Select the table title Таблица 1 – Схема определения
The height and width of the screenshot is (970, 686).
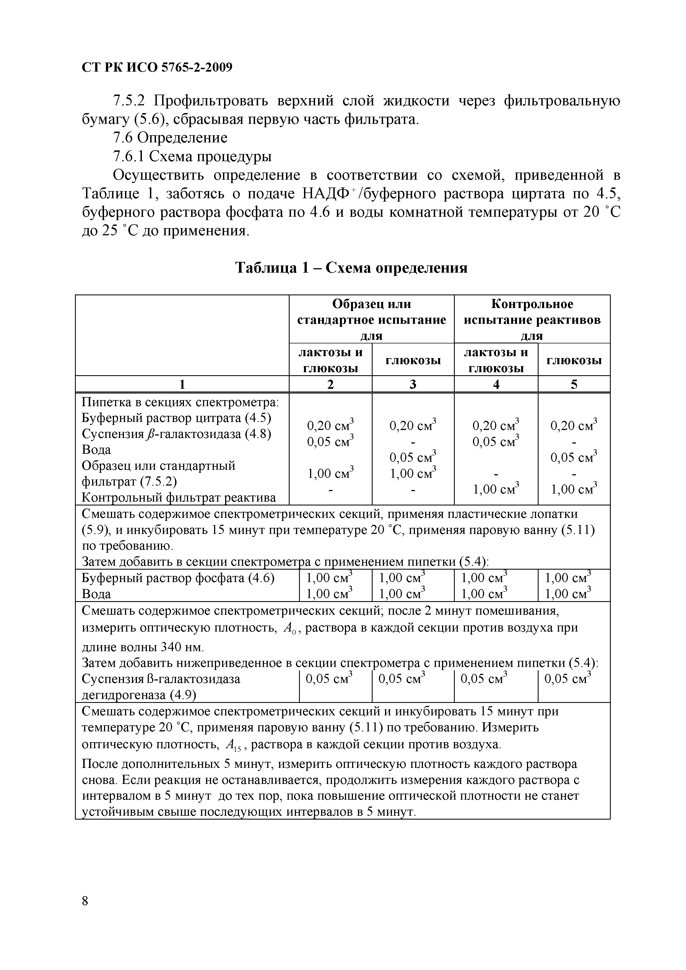(351, 267)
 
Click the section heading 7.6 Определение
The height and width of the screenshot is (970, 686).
(170, 138)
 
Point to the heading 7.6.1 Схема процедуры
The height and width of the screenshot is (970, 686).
(192, 156)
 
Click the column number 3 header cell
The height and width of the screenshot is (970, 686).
(413, 384)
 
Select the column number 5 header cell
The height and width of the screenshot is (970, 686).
(574, 384)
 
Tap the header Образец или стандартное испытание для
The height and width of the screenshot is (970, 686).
(371, 319)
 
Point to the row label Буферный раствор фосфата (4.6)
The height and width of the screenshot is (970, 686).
(178, 578)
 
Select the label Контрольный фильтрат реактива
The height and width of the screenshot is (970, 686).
(178, 497)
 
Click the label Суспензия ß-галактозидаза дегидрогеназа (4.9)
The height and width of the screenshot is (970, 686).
(161, 687)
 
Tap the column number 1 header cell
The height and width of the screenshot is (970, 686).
(182, 384)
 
